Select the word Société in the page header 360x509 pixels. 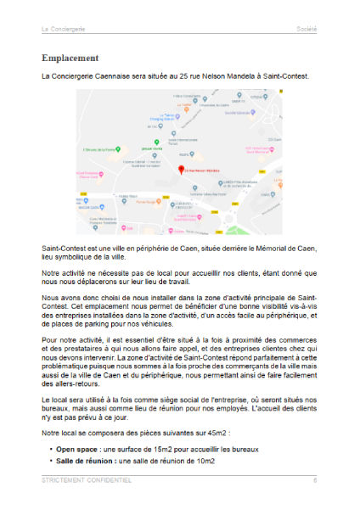pyautogui.click(x=307, y=29)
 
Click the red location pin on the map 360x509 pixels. pyautogui.click(x=179, y=169)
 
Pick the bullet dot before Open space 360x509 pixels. pyautogui.click(x=51, y=449)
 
